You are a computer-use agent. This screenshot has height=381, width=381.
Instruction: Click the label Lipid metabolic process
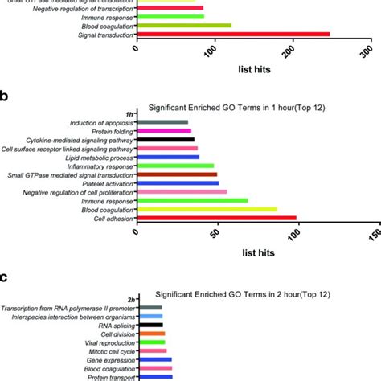[100, 157]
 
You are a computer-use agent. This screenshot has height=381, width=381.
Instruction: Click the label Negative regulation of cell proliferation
[79, 192]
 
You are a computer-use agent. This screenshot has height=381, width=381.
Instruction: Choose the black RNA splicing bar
[150, 325]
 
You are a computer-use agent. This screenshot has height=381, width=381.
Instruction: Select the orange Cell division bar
[152, 334]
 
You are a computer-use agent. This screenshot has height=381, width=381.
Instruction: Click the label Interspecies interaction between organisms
[74, 317]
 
